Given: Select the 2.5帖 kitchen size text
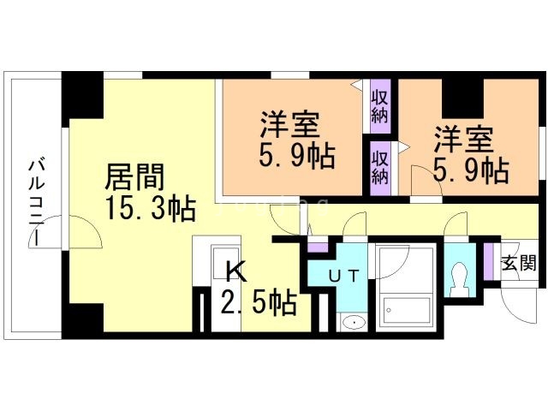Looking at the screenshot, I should point(259,301).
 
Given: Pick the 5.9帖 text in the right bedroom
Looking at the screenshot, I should point(470,170).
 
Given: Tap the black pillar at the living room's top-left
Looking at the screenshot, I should point(82,97).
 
